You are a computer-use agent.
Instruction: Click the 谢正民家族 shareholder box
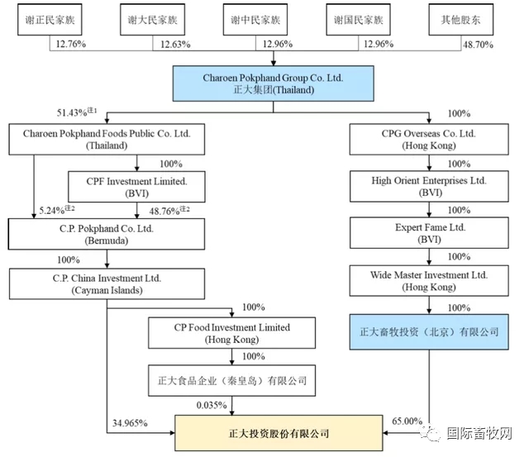click(50, 20)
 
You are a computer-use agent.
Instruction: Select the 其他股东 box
click(461, 20)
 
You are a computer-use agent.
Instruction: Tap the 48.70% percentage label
click(478, 45)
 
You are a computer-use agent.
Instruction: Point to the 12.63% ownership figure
click(175, 44)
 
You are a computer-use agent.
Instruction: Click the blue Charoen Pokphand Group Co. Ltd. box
click(274, 83)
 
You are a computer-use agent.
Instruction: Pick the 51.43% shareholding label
click(77, 112)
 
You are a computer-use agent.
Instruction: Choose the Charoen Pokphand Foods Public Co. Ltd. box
click(107, 140)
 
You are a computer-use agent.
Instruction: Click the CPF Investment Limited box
click(136, 187)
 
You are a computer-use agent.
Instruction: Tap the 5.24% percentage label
click(57, 210)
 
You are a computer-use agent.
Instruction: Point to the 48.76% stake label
click(169, 211)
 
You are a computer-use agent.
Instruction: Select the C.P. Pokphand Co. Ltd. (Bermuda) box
click(107, 234)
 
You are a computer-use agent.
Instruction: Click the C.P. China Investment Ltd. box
click(107, 284)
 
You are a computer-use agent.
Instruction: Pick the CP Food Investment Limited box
click(231, 333)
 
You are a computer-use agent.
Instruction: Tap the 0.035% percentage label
click(212, 405)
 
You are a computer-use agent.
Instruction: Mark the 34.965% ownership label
click(130, 423)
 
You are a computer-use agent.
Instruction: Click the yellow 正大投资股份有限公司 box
click(279, 433)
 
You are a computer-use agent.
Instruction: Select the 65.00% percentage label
click(407, 421)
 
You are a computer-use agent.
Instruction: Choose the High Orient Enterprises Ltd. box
click(429, 187)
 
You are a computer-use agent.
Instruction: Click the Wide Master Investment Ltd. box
click(429, 281)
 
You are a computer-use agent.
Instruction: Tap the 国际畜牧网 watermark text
click(479, 433)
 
